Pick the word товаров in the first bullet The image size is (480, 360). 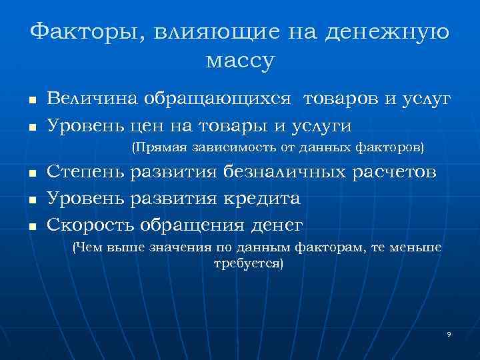click(341, 99)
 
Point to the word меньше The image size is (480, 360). click(415, 248)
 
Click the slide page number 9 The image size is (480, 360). click(449, 333)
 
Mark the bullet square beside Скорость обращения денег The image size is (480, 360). click(31, 226)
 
